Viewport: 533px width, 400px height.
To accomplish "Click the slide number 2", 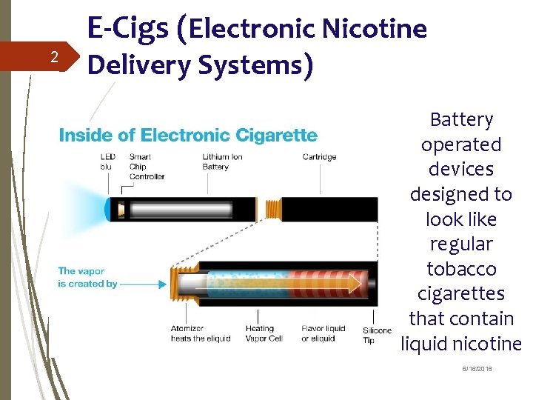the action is pos(53,57).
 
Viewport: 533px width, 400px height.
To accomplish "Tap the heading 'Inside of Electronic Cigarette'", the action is pos(188,135).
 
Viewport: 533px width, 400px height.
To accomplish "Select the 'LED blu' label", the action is pos(108,161).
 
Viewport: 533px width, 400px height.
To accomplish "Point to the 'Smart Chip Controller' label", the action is pos(147,167).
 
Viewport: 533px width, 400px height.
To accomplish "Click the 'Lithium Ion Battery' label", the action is pos(222,161).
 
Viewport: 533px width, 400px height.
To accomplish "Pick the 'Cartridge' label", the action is pos(319,157).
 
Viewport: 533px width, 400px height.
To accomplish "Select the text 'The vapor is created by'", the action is pos(87,277).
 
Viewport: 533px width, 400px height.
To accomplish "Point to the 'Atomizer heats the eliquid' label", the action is pos(201,333).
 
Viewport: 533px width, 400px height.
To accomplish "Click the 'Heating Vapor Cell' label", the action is pos(264,333).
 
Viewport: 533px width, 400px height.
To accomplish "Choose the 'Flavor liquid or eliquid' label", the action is pos(324,333).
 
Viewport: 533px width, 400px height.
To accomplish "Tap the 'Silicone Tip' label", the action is pos(377,335).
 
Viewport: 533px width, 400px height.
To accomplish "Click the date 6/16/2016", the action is pos(477,369).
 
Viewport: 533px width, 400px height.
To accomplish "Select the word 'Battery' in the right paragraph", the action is pos(461,119).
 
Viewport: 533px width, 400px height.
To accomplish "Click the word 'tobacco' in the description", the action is pos(461,269).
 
